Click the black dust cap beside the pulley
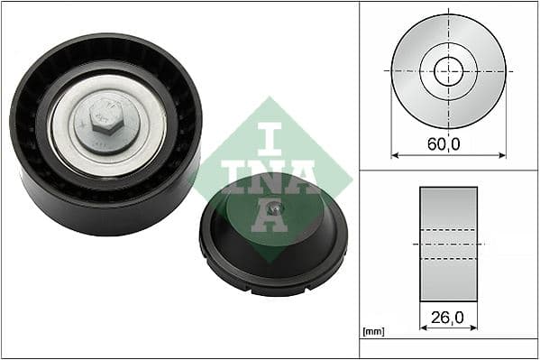point(273,242)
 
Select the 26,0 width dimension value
point(448,317)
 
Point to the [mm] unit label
point(372,332)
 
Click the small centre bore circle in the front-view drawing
point(448,69)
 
